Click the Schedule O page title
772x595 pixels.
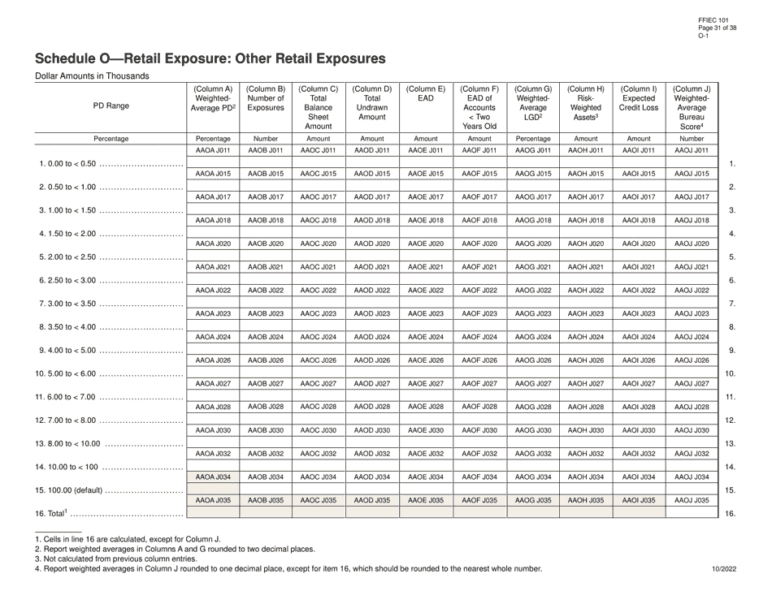210,59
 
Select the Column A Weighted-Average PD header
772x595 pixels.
214,98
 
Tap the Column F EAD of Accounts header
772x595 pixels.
479,107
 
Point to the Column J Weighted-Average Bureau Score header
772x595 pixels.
692,107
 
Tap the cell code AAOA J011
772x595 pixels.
214,150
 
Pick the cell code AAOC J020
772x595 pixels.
319,244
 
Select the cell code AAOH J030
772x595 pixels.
586,430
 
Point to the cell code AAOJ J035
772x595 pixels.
692,500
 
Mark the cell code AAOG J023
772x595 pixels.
533,313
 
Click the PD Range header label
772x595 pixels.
111,106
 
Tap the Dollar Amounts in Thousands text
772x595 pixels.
91,76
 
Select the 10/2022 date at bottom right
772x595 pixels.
722,569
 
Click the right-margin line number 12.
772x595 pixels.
729,420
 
